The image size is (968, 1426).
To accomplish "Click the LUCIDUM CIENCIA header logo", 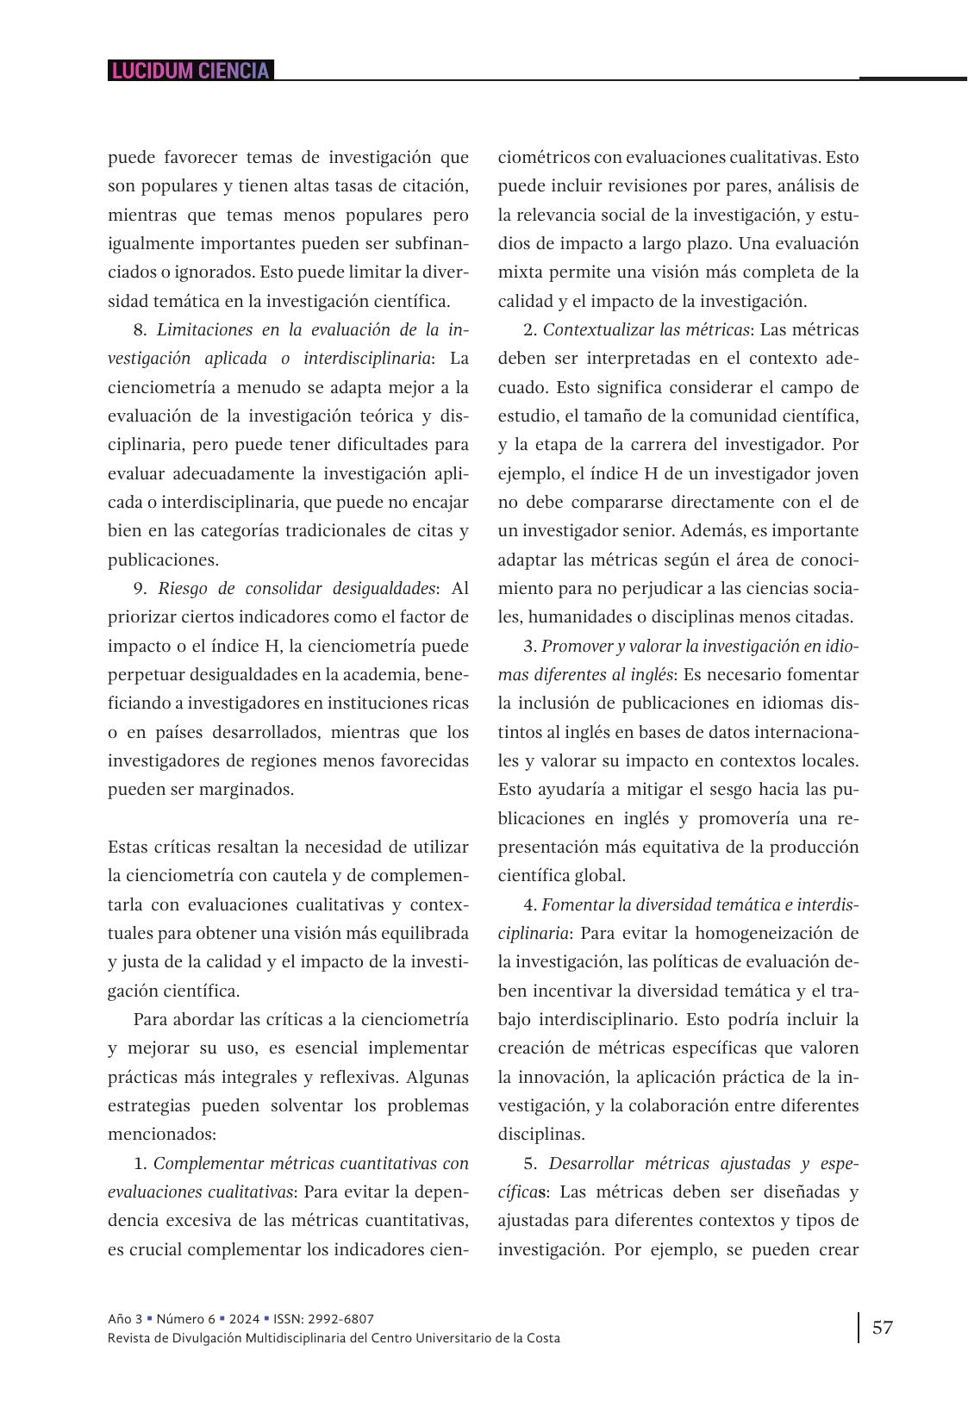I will pyautogui.click(x=190, y=71).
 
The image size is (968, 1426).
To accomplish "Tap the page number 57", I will pyautogui.click(x=883, y=1327).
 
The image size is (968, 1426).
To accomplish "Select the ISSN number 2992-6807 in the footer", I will pyautogui.click(x=342, y=1318).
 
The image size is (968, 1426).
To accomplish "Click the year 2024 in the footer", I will pyautogui.click(x=242, y=1318).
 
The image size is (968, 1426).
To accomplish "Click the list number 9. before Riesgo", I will pyautogui.click(x=141, y=589).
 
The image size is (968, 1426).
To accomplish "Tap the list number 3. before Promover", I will pyautogui.click(x=530, y=646).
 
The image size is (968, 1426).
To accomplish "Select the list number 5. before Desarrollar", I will pyautogui.click(x=530, y=1163).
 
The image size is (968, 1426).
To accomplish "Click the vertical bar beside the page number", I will pyautogui.click(x=859, y=1328).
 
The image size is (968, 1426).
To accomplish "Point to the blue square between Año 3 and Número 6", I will pyautogui.click(x=149, y=1318).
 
